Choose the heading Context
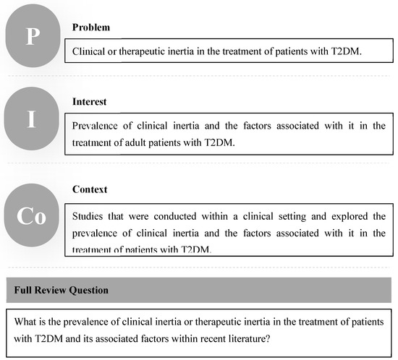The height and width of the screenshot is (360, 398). point(89,189)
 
